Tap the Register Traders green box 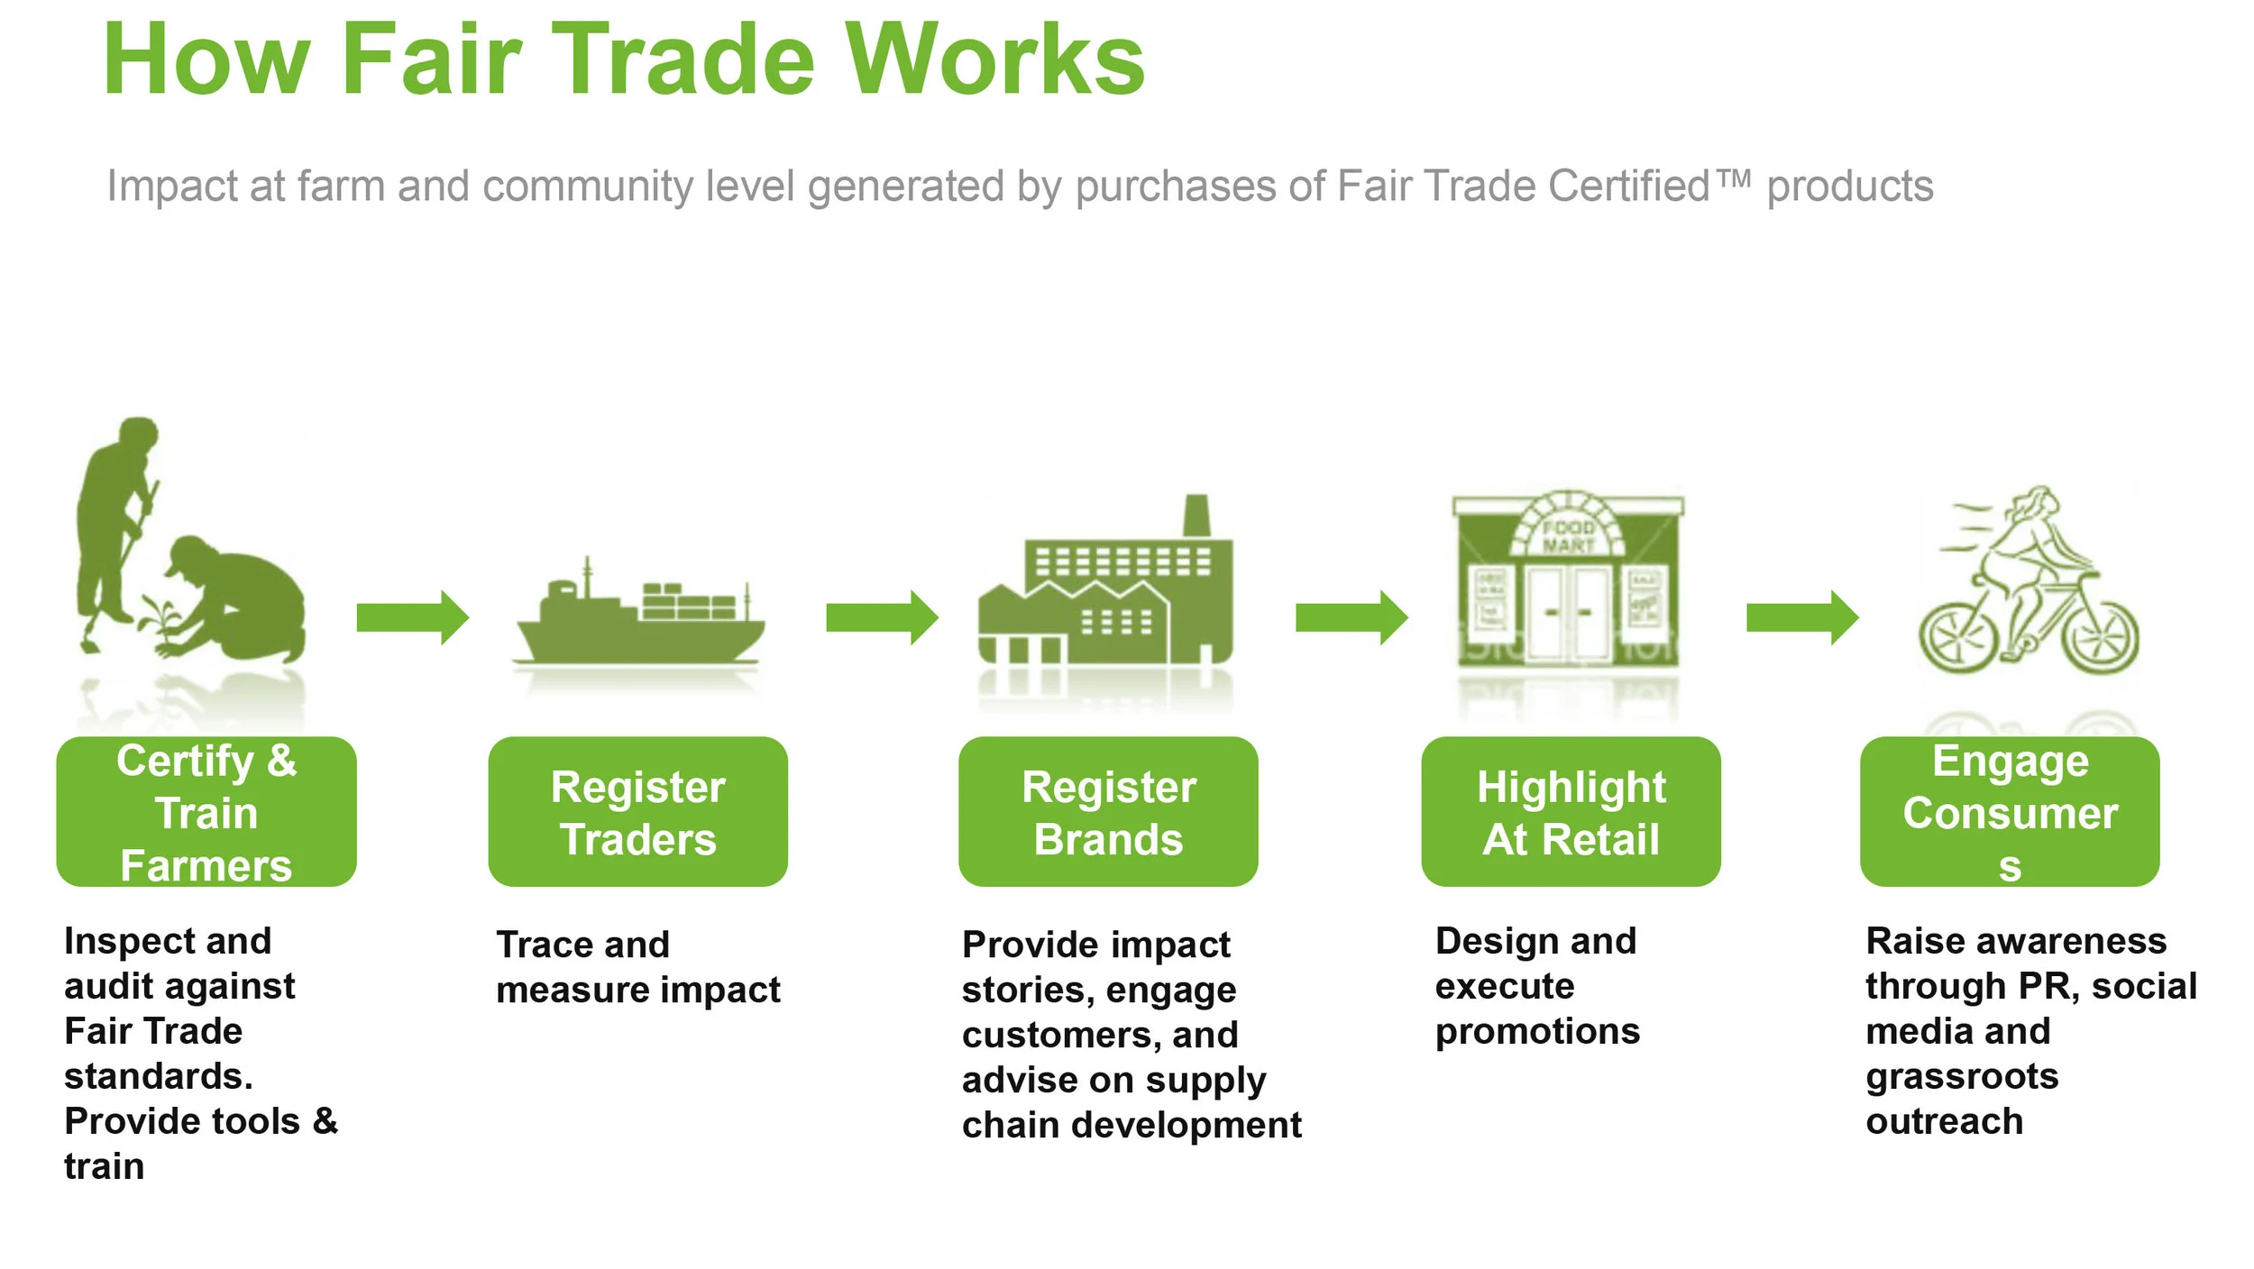point(637,812)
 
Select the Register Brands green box point(1108,812)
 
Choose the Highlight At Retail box point(1571,812)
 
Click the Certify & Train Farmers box point(206,812)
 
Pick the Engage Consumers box point(2010,812)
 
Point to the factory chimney point(1196,516)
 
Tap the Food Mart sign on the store point(1568,536)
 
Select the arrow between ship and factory point(882,617)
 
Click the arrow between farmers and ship point(412,617)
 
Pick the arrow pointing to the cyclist point(1801,617)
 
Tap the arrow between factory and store point(1351,617)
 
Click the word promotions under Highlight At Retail point(1537,1031)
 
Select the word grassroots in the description point(1962,1076)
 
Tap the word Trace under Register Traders point(540,945)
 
